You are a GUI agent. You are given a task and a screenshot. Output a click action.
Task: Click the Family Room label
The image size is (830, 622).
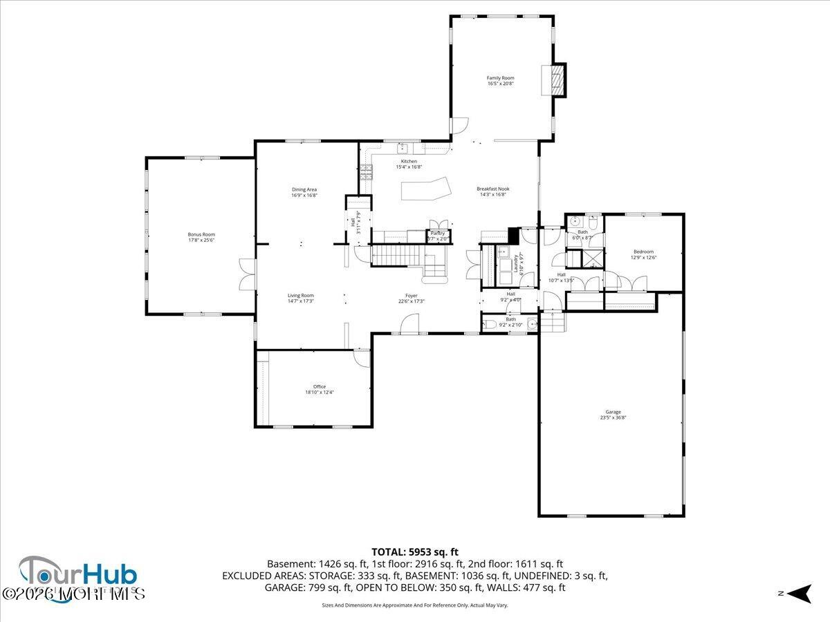coord(500,78)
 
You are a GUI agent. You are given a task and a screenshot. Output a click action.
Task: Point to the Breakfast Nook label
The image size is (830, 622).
coord(492,189)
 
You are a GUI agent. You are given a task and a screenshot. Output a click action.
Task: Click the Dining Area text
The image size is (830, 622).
coord(304,189)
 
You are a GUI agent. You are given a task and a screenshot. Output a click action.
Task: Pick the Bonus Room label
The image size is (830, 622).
coord(201,234)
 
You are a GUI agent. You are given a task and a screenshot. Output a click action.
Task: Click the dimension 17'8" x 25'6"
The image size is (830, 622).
coord(201,241)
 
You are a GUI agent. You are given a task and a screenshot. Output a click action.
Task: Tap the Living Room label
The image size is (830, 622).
coord(301,295)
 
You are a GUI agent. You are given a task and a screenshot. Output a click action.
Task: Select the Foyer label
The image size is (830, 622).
coord(411,295)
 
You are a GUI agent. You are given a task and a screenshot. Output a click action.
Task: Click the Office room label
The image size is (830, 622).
coord(319,386)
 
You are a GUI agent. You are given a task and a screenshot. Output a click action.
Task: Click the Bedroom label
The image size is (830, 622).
coord(643,252)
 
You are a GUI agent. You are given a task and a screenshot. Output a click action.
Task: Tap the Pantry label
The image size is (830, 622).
coord(438,234)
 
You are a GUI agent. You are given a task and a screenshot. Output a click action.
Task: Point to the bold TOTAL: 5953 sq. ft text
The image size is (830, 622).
coord(415,552)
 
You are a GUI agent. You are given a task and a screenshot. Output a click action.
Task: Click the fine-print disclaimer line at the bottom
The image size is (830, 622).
coord(415,605)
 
